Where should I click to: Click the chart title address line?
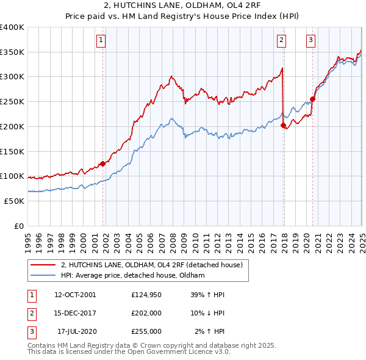(x=183, y=7)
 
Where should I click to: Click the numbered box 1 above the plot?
(x=101, y=41)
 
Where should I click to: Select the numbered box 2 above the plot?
(x=281, y=41)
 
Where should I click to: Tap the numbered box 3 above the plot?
(x=310, y=41)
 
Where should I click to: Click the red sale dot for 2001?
(x=103, y=164)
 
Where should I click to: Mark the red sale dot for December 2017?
(x=283, y=125)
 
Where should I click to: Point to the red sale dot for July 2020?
(x=312, y=99)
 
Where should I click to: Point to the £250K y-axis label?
(x=12, y=101)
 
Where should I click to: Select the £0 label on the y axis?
(x=19, y=226)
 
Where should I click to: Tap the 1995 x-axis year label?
(x=28, y=237)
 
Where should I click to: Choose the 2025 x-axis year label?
(x=362, y=237)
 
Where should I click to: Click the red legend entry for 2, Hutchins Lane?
(x=152, y=265)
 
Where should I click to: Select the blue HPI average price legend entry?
(x=132, y=276)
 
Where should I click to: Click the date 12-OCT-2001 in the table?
(x=75, y=295)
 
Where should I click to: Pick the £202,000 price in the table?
(x=146, y=313)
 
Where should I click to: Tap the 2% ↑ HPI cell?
(x=210, y=331)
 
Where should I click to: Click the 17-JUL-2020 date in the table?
(x=75, y=331)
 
